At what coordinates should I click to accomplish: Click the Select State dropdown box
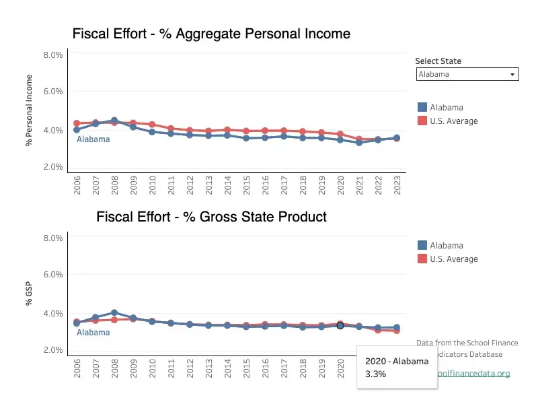467,75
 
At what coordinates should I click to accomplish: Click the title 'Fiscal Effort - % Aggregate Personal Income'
211,34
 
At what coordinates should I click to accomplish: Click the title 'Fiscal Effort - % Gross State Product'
211,217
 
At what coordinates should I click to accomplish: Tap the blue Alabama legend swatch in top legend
422,107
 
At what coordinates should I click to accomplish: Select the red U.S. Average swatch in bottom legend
422,259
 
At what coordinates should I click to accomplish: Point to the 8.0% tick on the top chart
53,55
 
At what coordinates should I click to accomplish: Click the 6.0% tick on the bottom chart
53,275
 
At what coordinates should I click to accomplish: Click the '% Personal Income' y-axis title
29,111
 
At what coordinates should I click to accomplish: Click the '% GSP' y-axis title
29,294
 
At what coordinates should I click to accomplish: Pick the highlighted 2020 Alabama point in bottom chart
340,325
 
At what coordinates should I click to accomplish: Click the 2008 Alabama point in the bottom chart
114,312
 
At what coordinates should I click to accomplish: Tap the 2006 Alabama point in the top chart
77,129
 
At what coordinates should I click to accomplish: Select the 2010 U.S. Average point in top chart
152,125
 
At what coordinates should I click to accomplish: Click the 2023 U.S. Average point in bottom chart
397,330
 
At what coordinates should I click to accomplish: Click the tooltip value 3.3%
375,374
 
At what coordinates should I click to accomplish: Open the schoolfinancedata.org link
471,374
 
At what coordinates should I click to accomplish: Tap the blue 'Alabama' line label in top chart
93,139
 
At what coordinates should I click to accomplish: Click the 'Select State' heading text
438,61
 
